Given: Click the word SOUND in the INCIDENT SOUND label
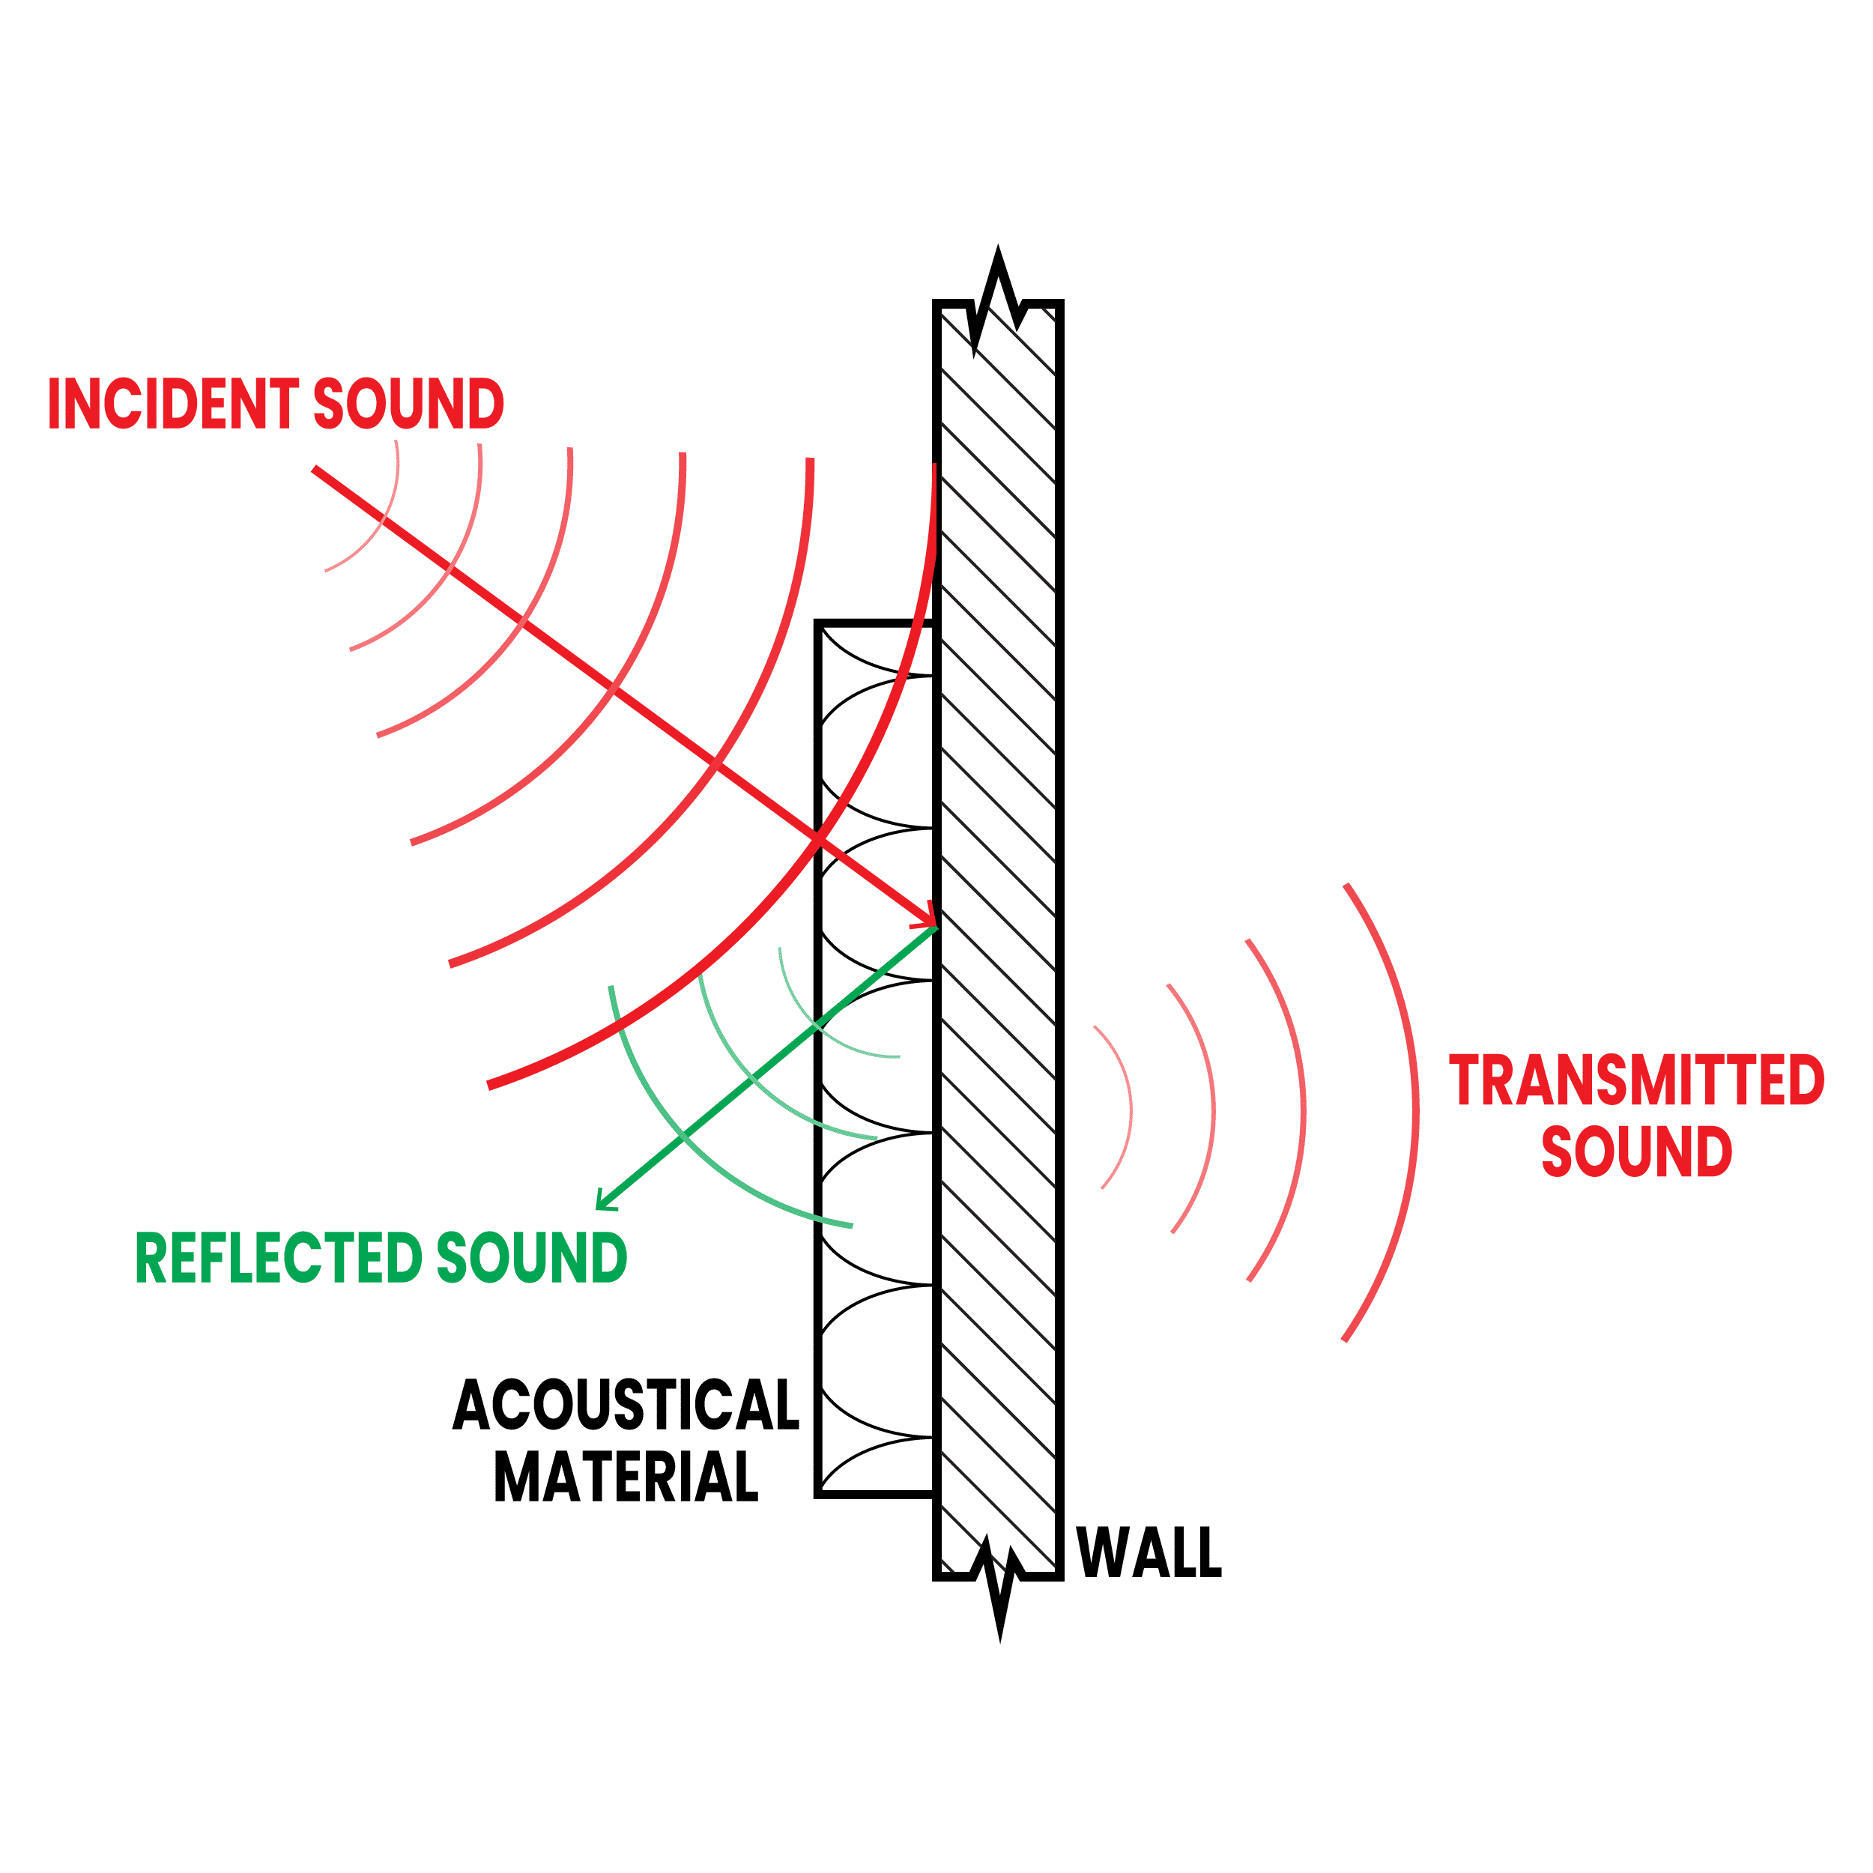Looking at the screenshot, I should pyautogui.click(x=408, y=403).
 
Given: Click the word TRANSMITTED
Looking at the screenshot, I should pyautogui.click(x=1636, y=1080).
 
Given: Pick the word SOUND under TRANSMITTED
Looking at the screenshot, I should pyautogui.click(x=1636, y=1151).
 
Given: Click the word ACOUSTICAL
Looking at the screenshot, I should pyautogui.click(x=626, y=1405).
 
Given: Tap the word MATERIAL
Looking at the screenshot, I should pyautogui.click(x=626, y=1475).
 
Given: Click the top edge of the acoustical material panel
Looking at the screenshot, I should pyautogui.click(x=874, y=623).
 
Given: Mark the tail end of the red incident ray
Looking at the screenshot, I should pyautogui.click(x=316, y=470).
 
